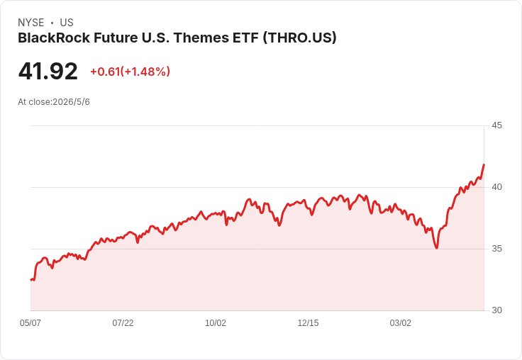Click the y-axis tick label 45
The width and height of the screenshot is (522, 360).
[496, 125]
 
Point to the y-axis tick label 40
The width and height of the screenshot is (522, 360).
[496, 187]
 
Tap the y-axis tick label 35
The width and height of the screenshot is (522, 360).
[496, 249]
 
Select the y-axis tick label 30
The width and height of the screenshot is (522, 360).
[496, 310]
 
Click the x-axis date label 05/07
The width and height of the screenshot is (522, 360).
[30, 322]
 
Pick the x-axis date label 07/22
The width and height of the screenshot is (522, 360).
[123, 322]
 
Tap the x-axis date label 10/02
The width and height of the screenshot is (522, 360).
[216, 322]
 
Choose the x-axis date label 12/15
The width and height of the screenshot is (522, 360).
[308, 322]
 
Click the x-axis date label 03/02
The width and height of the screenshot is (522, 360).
[401, 322]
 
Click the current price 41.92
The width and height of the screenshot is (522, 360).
[48, 72]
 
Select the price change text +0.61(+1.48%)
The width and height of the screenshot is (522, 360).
[130, 72]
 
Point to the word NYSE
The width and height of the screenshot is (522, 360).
[31, 23]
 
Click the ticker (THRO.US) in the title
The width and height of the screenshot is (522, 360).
[299, 38]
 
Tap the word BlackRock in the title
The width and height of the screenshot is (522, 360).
[54, 38]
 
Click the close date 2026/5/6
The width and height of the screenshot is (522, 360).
[71, 102]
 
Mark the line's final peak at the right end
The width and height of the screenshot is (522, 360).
[484, 164]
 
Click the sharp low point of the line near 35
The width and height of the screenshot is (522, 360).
[437, 248]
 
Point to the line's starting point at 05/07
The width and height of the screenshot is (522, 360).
[31, 280]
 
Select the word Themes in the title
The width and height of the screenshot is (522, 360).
[201, 38]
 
